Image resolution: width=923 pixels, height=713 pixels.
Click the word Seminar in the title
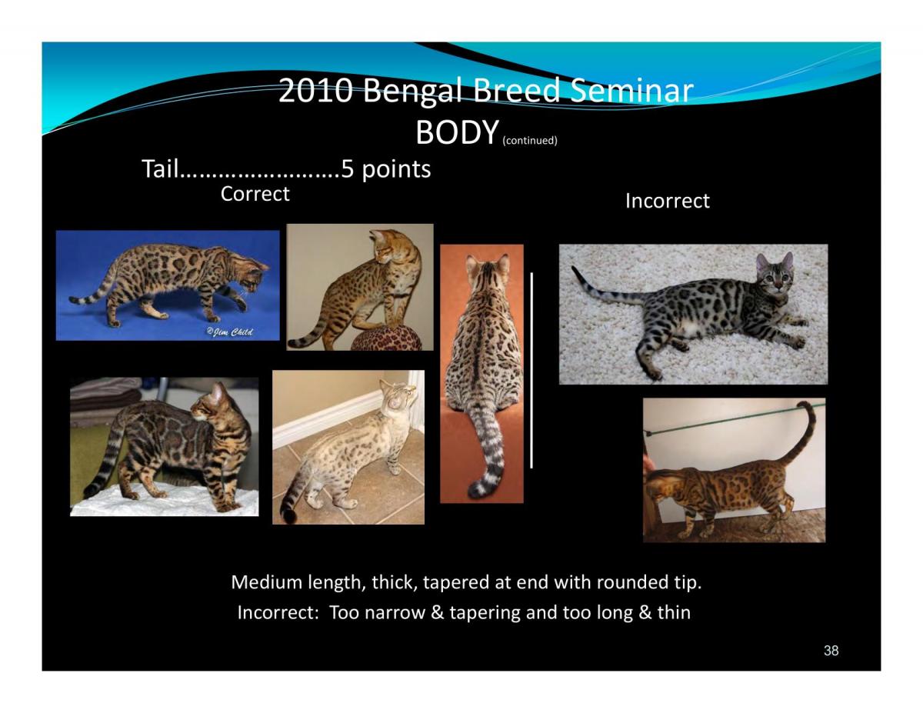(631, 91)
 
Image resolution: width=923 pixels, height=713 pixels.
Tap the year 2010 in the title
(315, 91)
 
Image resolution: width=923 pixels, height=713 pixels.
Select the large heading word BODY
(457, 132)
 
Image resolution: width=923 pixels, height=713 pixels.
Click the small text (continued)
(530, 140)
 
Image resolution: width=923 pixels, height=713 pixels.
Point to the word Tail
(160, 168)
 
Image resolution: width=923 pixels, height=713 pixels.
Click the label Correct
(255, 194)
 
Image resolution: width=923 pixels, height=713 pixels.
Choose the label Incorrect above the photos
(668, 201)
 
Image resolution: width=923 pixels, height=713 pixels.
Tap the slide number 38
(831, 651)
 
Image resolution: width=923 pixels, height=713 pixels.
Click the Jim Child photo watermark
(229, 332)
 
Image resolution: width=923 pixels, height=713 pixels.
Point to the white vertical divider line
(531, 370)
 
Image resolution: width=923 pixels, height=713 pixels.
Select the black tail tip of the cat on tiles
(289, 515)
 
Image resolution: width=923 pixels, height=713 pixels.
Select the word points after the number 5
(396, 170)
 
